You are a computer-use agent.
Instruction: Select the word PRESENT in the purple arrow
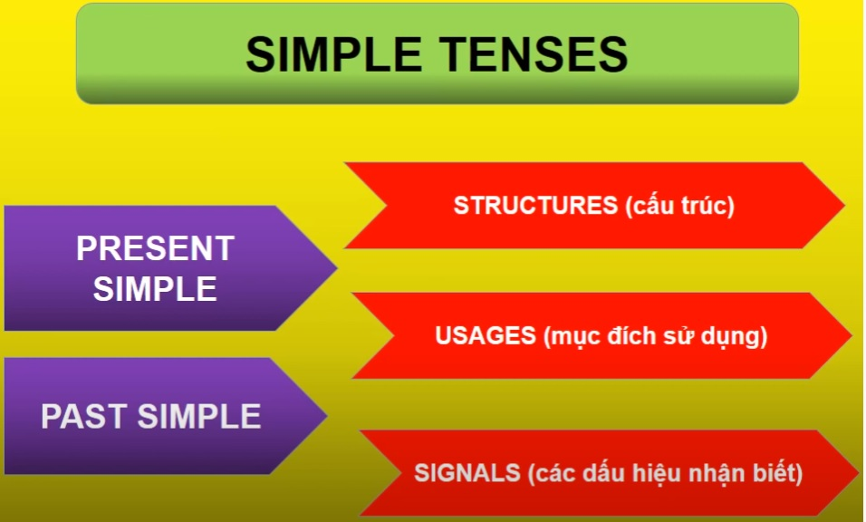click(155, 248)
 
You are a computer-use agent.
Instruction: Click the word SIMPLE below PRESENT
click(155, 289)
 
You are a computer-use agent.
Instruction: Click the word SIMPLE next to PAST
click(198, 416)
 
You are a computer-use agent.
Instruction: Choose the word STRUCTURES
click(535, 205)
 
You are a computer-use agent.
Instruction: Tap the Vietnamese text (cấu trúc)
click(680, 206)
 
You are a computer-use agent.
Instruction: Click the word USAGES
click(486, 335)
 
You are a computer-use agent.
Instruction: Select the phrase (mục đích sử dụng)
click(656, 336)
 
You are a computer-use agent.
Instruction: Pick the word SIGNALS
click(467, 473)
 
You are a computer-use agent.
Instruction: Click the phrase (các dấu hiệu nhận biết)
click(665, 473)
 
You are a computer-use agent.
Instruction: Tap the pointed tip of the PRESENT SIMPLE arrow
click(336, 268)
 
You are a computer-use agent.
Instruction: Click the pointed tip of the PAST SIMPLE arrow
click(327, 415)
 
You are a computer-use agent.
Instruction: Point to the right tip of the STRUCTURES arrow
click(844, 205)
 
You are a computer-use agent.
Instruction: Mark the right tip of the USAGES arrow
click(852, 335)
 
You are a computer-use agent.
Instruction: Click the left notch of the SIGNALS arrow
click(401, 473)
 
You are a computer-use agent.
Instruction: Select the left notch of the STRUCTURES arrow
click(387, 205)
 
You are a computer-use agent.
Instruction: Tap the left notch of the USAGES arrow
click(394, 335)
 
